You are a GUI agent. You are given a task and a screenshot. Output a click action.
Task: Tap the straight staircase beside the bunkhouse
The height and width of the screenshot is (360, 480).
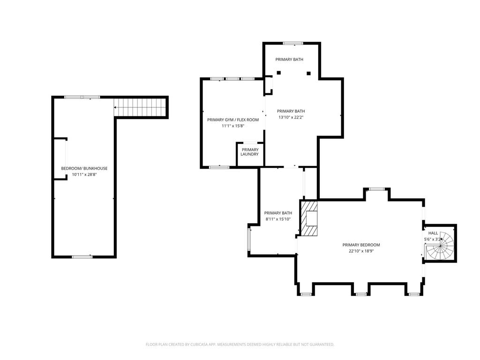click(140, 107)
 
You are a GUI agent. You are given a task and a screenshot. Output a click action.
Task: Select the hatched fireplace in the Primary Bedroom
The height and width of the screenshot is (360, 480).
click(308, 218)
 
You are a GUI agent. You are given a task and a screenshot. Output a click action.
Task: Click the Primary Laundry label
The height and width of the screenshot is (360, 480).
click(250, 152)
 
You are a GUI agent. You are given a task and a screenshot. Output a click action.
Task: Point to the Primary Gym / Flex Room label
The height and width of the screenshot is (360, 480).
click(233, 120)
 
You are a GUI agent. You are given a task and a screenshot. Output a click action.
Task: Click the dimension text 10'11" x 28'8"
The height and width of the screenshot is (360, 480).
click(84, 174)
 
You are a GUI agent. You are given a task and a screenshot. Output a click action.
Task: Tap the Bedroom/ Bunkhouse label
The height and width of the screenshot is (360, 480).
click(84, 168)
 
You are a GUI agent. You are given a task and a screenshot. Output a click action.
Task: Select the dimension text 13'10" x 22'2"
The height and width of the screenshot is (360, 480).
click(291, 117)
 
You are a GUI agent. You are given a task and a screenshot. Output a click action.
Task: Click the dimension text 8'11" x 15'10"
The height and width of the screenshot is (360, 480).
click(278, 219)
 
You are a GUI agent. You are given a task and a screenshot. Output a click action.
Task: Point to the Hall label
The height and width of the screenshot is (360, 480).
click(433, 233)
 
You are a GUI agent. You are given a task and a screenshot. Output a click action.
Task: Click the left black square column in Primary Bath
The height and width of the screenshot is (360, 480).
click(278, 73)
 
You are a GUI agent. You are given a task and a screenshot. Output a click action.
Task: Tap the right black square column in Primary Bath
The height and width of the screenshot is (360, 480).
click(308, 73)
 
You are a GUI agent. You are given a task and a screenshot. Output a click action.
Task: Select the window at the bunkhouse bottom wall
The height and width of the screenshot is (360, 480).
click(82, 256)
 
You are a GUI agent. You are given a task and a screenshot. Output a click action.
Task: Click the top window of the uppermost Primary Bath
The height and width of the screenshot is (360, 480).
click(293, 44)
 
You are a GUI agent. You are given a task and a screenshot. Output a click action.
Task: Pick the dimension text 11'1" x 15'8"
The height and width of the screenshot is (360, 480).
click(233, 126)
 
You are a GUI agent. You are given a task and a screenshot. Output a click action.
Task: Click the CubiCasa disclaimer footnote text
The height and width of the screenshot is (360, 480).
click(240, 345)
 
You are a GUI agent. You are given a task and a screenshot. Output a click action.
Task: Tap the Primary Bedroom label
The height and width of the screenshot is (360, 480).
click(361, 245)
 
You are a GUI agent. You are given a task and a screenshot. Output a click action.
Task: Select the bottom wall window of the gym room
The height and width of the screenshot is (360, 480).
click(219, 167)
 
